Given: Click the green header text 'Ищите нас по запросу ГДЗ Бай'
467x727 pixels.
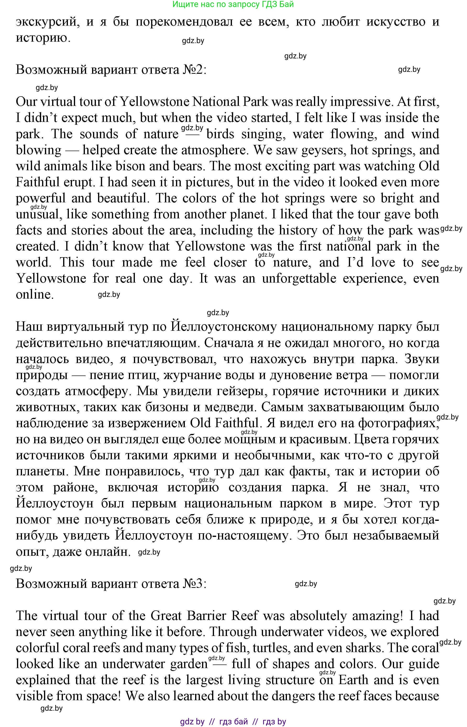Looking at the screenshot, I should pyautogui.click(x=233, y=4).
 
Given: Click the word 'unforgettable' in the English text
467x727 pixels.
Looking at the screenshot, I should pyautogui.click(x=299, y=278).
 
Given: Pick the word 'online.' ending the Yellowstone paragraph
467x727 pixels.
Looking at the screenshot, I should pyautogui.click(x=35, y=295).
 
